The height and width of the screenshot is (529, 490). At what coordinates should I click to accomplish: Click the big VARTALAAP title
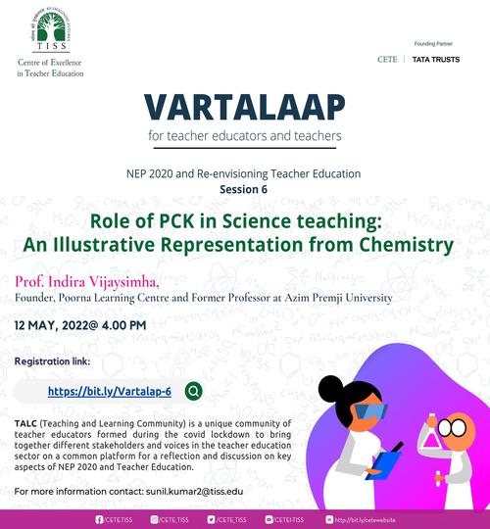(x=244, y=105)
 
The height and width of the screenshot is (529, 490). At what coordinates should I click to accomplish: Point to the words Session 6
(x=244, y=188)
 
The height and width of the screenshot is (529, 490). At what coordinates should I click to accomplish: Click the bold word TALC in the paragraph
(x=25, y=421)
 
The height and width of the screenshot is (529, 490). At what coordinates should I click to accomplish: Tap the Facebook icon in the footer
(x=99, y=519)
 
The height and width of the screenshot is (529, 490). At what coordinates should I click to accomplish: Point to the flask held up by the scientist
(x=431, y=435)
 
